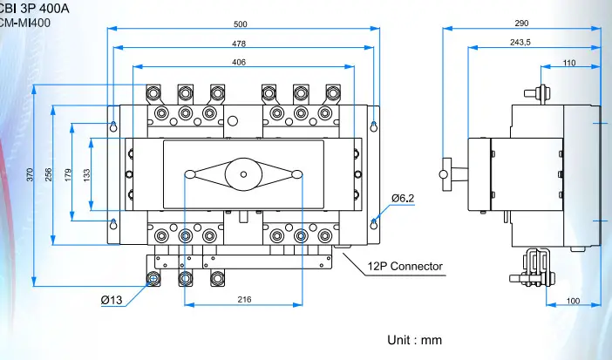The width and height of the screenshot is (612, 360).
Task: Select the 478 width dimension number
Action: point(239,43)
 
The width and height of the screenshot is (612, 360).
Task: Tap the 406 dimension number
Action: point(239,62)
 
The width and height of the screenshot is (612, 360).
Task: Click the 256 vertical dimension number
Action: point(50,175)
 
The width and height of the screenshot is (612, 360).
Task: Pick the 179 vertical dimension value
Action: point(68,175)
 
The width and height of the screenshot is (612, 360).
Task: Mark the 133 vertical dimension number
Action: point(87,175)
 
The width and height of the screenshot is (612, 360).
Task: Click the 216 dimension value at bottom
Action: point(243,299)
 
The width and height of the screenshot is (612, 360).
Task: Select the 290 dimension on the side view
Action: point(520,23)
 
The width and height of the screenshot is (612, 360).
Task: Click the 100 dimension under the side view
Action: point(573,301)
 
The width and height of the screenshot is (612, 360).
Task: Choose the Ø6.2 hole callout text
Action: point(402,199)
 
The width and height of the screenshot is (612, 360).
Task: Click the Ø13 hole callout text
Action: point(112,300)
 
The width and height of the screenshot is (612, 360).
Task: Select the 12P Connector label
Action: point(405,266)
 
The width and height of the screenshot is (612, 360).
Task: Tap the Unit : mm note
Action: point(415,339)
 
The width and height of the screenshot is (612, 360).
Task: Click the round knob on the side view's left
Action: point(444,174)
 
